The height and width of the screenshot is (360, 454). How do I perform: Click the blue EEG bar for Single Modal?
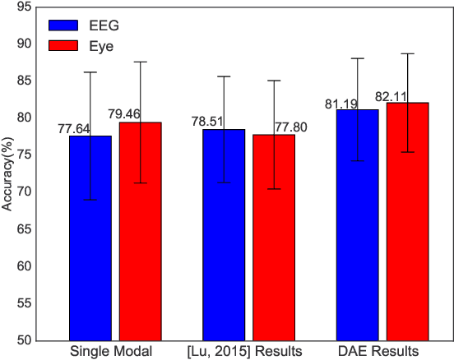pos(90,238)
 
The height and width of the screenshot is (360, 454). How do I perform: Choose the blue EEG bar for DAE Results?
pos(357,225)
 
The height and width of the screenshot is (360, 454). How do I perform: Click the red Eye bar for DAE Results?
pos(407,222)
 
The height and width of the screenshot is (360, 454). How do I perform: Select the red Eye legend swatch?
pos(64,46)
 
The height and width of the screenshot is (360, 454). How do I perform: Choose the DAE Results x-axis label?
pos(382,352)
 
